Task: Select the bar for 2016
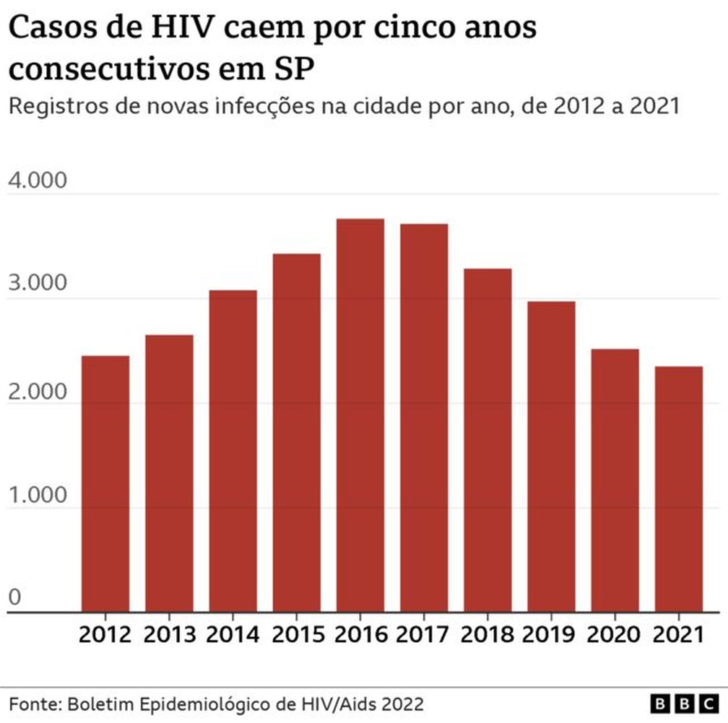360,415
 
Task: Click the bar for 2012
105,483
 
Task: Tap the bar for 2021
679,489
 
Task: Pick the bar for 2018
487,440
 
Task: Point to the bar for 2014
233,451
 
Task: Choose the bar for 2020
615,481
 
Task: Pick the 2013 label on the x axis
169,635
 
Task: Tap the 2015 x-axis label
296,635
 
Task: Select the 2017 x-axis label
424,635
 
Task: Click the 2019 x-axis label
551,635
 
